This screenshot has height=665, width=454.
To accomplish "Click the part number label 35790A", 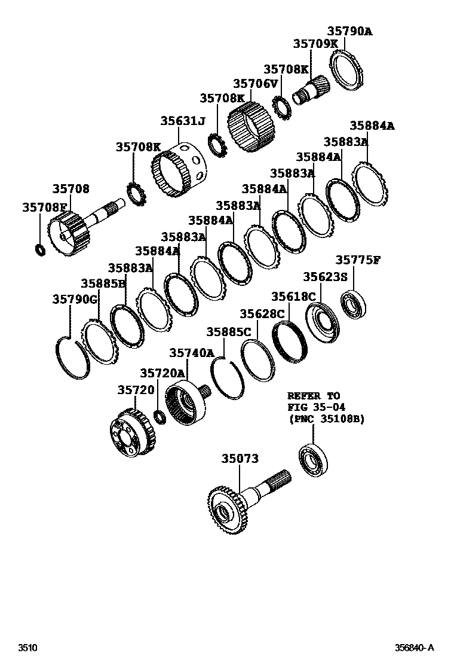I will [349, 32].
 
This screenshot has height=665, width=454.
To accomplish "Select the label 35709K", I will [315, 44].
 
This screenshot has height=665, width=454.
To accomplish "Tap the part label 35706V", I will [256, 84].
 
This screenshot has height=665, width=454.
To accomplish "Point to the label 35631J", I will [182, 121].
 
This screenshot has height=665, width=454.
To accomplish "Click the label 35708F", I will [45, 208].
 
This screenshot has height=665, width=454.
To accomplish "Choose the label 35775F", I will [358, 260].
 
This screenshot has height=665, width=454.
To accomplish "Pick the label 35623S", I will [325, 277].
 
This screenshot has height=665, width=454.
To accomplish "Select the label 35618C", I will [293, 297].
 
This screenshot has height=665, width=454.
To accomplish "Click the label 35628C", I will [262, 314].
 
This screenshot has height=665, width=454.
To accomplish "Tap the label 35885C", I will [229, 331].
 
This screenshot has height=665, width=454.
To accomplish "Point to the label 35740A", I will [191, 353].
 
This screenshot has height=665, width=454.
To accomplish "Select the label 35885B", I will [103, 283].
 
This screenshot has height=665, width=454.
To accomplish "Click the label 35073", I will [240, 459].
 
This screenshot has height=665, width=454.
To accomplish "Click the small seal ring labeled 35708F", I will [40, 248].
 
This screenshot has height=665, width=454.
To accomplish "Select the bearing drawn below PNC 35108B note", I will [313, 461].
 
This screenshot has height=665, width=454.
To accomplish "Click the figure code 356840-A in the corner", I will [413, 648].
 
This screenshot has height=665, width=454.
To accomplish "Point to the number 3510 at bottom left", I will [27, 648].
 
